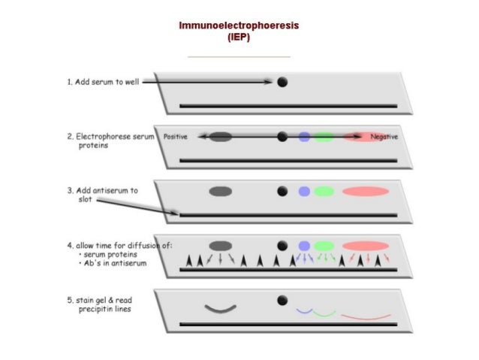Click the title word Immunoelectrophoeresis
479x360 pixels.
coord(239,26)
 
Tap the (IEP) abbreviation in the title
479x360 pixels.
coord(239,37)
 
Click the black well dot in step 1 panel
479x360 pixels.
coord(282,82)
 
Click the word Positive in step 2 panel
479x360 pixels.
coord(175,137)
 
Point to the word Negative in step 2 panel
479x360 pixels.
coord(384,138)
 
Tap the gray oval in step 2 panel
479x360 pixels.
coord(220,137)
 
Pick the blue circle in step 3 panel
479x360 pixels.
coord(304,191)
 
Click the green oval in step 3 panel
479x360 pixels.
coord(324,191)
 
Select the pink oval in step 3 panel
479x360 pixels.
coord(365,191)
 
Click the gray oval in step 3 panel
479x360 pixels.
coord(220,191)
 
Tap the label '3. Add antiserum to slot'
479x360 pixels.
coord(102,195)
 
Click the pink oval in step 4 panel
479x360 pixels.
coord(365,246)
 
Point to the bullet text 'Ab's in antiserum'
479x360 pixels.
coord(107,264)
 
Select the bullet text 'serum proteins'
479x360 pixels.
coord(104,255)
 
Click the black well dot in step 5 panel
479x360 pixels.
coord(282,300)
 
